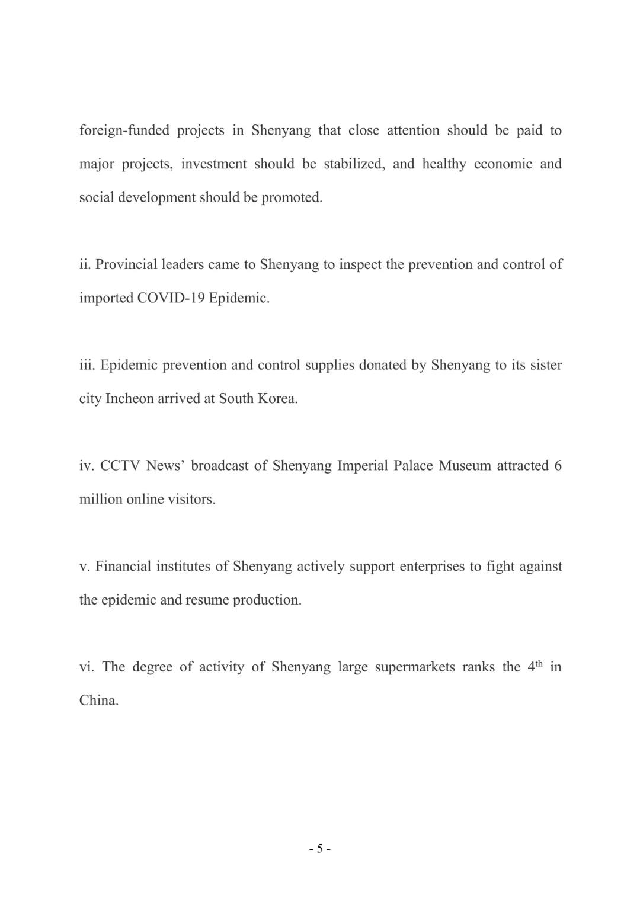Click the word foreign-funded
point(124,130)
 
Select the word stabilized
point(354,164)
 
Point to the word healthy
point(444,164)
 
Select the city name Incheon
point(130,399)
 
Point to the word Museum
point(465,466)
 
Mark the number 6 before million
point(558,466)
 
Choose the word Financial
point(122,567)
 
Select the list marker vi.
point(87,667)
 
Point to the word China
point(98,701)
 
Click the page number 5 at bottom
point(320,849)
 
